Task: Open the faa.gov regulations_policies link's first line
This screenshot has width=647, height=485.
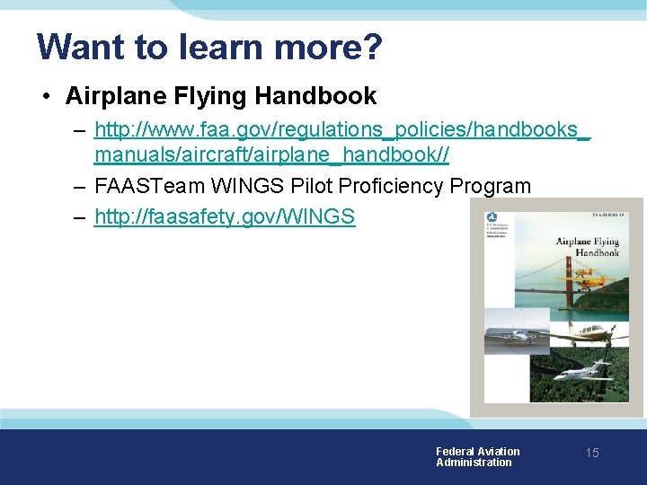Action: coord(342,130)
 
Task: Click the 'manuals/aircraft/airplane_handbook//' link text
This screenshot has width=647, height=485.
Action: coord(271,155)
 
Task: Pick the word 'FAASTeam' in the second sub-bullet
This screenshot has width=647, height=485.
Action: coord(148,187)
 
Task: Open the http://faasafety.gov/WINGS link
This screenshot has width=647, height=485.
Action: coord(225,217)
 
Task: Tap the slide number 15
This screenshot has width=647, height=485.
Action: coord(591,454)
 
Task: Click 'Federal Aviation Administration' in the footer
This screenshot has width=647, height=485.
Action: coord(476,457)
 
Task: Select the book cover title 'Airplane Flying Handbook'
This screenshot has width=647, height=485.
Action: coord(588,247)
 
